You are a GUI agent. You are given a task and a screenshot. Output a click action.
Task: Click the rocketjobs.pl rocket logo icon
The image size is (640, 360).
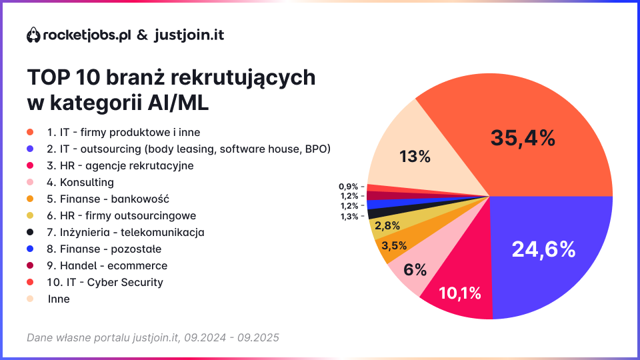(x=33, y=35)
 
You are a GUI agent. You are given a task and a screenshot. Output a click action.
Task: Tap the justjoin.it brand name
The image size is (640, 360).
(x=189, y=35)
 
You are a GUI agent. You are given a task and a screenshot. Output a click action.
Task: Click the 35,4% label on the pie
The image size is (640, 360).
(x=523, y=138)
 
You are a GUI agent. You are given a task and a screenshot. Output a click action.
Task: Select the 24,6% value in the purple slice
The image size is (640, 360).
(x=543, y=249)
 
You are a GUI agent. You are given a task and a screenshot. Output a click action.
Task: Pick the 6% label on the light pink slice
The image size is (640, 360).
(x=415, y=269)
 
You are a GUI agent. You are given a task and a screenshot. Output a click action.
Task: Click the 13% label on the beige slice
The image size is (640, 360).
(x=415, y=157)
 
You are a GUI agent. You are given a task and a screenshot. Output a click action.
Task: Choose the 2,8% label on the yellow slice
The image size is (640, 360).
(x=387, y=225)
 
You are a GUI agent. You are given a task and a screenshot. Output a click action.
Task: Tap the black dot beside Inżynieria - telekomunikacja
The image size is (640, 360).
(x=30, y=233)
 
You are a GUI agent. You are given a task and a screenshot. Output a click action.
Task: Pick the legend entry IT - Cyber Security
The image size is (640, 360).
(x=105, y=282)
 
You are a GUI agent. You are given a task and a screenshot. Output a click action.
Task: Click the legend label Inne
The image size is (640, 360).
(x=59, y=299)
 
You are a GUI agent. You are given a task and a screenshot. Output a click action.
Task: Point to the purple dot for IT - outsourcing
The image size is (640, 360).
(x=30, y=149)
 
